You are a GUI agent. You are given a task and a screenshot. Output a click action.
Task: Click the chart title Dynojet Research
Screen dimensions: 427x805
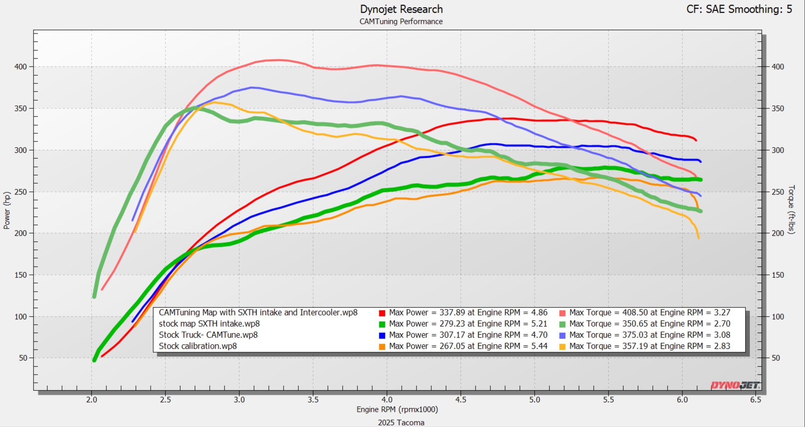(x=401, y=9)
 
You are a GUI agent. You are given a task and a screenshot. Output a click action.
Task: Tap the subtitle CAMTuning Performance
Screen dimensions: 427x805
(x=401, y=21)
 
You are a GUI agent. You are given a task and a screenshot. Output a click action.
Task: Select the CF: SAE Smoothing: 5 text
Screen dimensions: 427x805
(x=739, y=9)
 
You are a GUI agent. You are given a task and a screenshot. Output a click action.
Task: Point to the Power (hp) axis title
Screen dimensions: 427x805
(x=7, y=210)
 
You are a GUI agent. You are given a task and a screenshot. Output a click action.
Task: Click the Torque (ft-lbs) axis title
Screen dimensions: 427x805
(x=791, y=209)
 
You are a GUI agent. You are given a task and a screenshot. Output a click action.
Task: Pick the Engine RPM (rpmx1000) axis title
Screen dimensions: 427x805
(x=397, y=410)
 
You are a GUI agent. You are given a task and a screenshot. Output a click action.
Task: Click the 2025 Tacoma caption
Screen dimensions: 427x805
(x=401, y=423)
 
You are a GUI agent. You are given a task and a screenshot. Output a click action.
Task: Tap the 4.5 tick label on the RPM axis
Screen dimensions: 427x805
(x=460, y=400)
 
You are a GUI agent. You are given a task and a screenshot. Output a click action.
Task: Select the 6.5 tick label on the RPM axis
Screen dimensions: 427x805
(x=755, y=400)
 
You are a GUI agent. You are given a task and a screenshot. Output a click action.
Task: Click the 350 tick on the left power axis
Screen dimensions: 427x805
(x=20, y=109)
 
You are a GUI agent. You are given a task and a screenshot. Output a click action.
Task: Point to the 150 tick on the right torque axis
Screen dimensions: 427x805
(x=778, y=275)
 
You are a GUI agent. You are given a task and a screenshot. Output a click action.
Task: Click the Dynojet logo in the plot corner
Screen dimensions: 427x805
(x=735, y=385)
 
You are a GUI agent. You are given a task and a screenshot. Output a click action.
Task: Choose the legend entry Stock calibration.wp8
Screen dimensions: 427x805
(x=198, y=346)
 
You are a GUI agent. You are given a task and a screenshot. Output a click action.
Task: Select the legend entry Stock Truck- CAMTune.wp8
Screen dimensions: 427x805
(x=208, y=335)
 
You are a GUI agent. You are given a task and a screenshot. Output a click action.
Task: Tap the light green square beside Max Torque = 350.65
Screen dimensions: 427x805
(x=562, y=324)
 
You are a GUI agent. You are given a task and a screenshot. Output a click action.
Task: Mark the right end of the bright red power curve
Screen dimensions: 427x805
(x=696, y=140)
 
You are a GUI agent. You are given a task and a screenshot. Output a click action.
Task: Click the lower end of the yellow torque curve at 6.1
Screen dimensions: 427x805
(x=698, y=238)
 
